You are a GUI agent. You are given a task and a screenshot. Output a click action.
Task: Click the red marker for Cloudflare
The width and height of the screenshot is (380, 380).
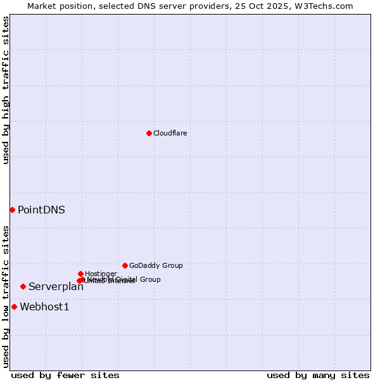(149, 133)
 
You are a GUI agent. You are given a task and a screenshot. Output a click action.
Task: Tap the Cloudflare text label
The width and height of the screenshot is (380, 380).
(170, 133)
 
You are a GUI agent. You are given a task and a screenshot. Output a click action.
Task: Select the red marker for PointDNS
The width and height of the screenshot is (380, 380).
(12, 210)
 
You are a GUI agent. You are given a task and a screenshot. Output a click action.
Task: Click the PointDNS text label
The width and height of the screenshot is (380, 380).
(41, 210)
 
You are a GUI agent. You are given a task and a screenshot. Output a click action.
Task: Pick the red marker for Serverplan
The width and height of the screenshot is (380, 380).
(23, 286)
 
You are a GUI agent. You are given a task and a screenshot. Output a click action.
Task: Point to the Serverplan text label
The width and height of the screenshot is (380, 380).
(56, 287)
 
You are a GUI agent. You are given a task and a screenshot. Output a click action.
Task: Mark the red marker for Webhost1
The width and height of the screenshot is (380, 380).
(14, 307)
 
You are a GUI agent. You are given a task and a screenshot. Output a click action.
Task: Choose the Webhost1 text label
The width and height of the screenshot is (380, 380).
(44, 307)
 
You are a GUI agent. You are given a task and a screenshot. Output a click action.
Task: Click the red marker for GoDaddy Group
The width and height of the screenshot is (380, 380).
(125, 265)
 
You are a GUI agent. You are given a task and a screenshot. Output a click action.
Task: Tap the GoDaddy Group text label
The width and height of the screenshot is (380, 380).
(156, 265)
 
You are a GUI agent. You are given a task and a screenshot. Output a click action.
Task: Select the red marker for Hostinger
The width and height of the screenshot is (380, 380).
(80, 274)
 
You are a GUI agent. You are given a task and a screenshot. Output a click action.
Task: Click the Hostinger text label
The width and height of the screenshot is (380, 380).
(101, 274)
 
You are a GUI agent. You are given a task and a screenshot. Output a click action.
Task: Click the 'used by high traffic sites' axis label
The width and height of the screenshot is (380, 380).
(6, 90)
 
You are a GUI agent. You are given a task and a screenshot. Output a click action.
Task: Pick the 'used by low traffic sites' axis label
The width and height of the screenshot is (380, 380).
(6, 296)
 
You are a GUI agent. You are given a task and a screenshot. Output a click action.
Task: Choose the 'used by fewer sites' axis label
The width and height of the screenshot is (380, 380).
(65, 375)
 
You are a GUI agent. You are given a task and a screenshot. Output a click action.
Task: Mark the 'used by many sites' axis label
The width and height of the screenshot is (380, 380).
(318, 375)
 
